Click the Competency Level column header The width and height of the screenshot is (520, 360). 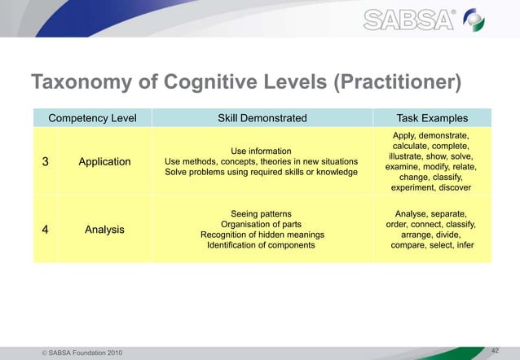(92, 118)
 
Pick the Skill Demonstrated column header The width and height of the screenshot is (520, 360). (262, 118)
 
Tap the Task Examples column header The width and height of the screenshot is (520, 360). (431, 118)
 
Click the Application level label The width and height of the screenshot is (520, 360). (104, 161)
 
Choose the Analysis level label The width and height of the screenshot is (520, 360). (104, 230)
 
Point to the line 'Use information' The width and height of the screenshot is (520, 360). (262, 151)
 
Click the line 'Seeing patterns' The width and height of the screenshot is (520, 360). (262, 213)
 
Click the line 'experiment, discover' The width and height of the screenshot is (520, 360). (431, 187)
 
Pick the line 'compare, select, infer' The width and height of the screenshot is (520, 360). (431, 245)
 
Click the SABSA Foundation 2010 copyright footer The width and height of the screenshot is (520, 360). (78, 351)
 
